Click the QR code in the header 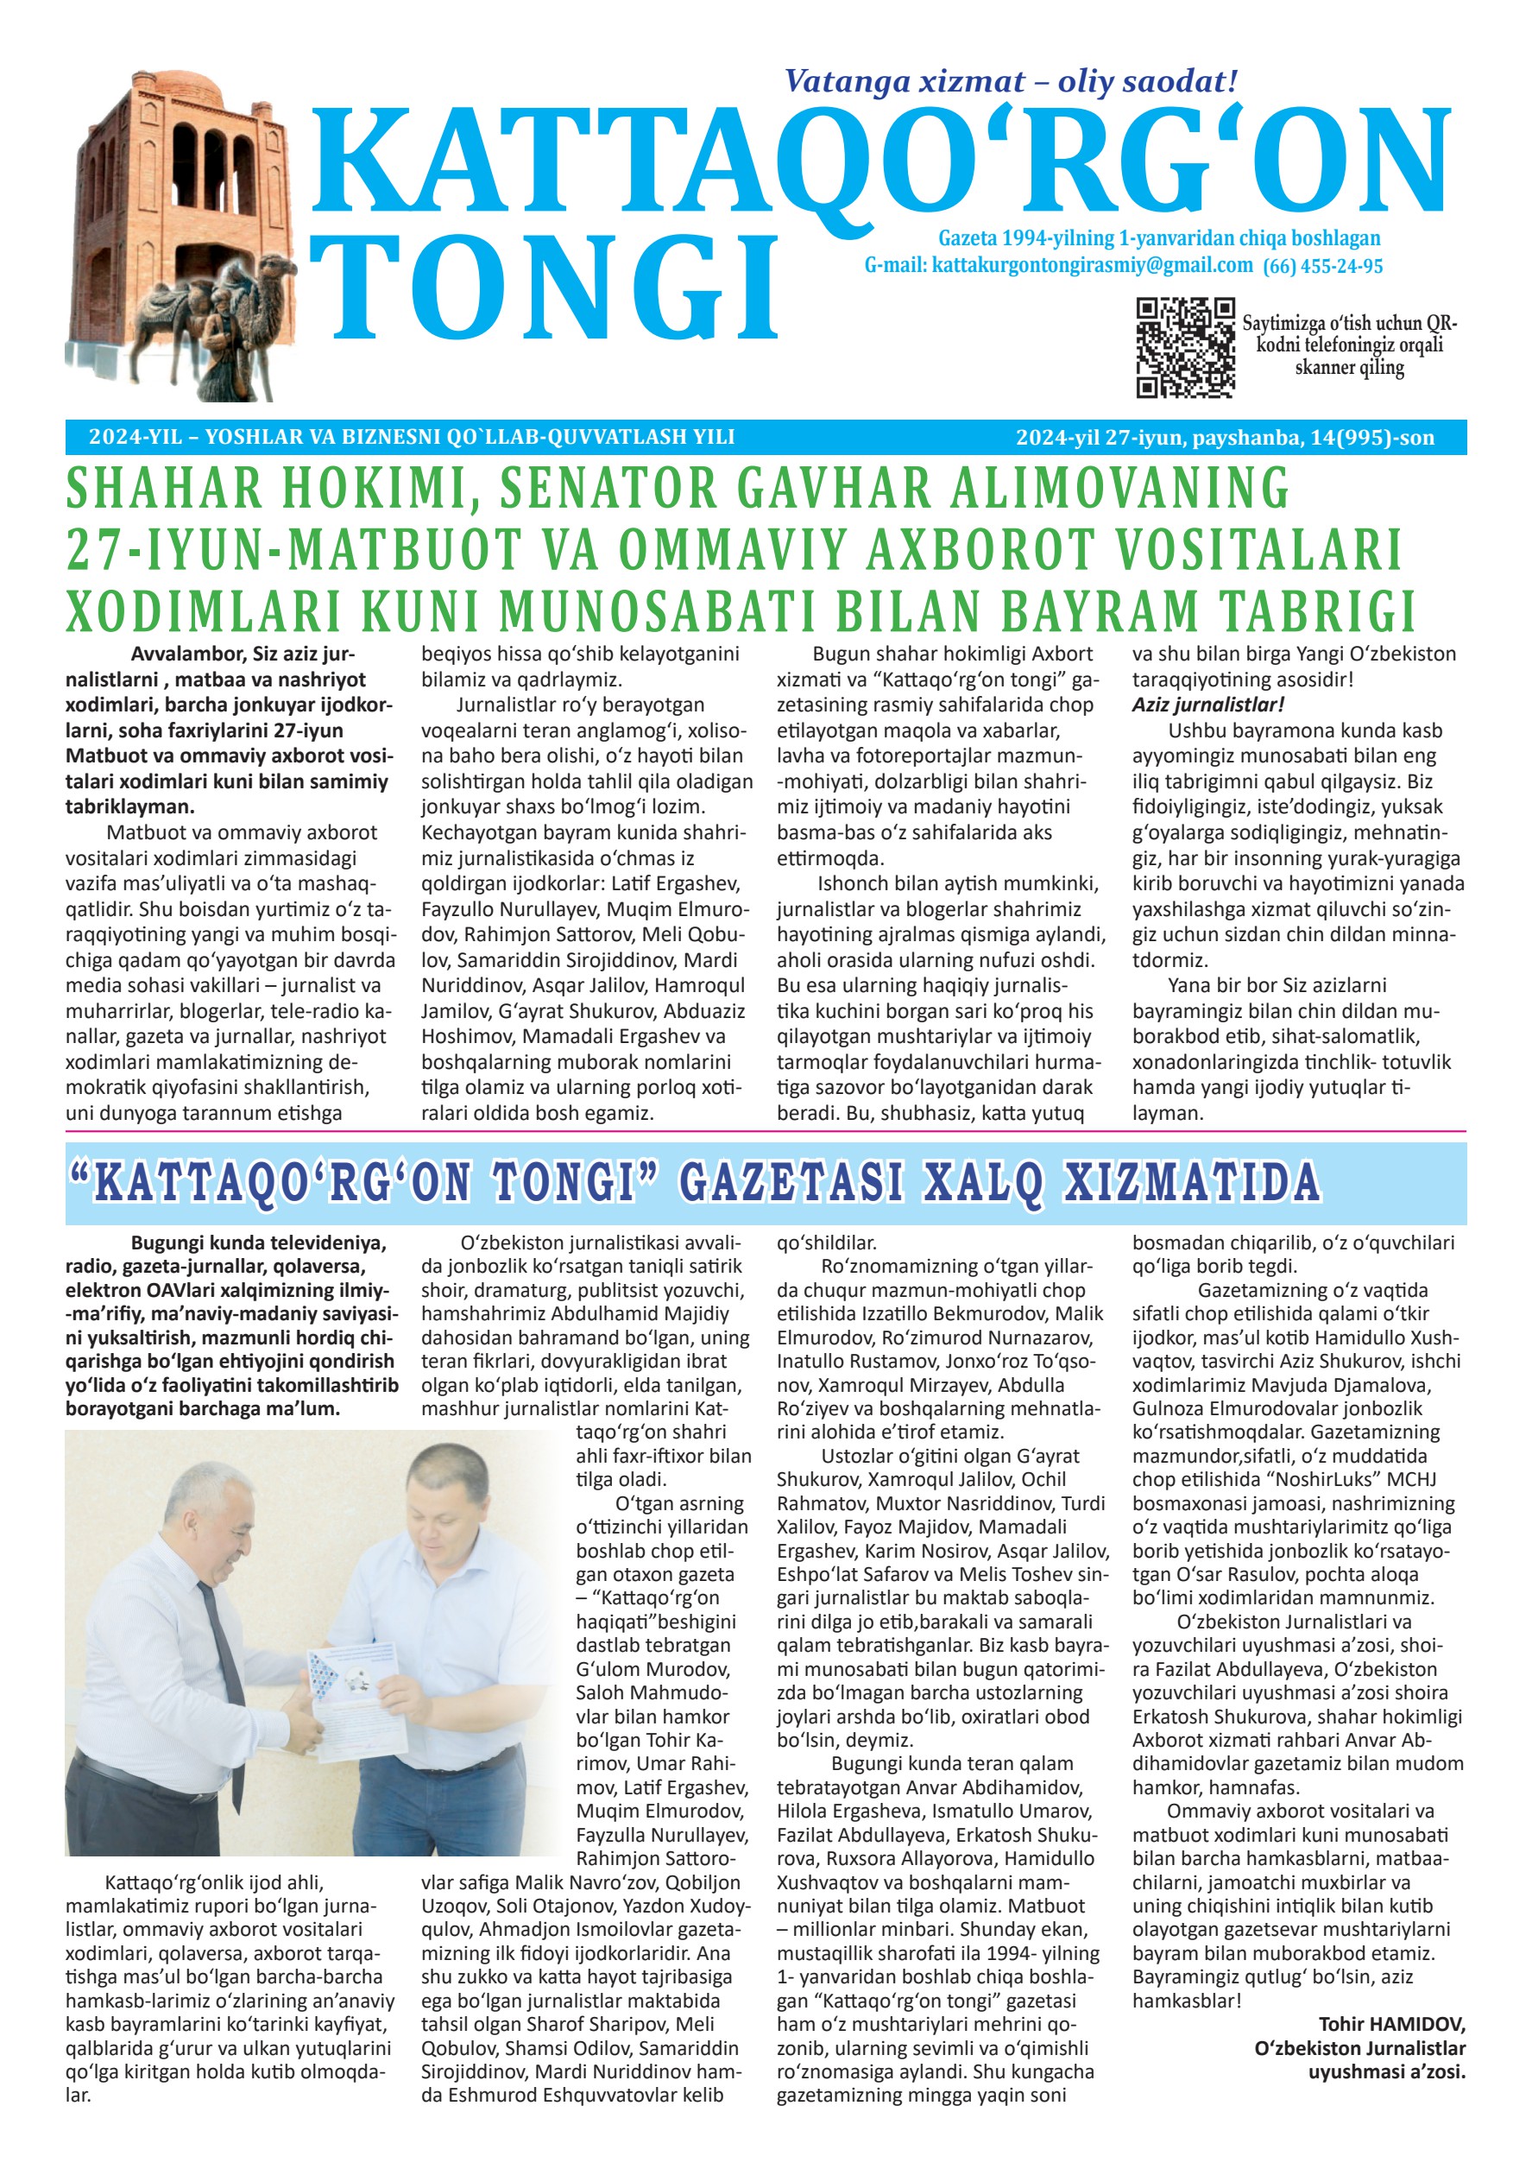pyautogui.click(x=1185, y=347)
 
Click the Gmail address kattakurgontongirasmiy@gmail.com pyautogui.click(x=1092, y=265)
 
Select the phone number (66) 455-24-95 pyautogui.click(x=1322, y=267)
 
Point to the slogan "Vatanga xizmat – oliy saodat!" pyautogui.click(x=1011, y=81)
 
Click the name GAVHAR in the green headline pyautogui.click(x=834, y=489)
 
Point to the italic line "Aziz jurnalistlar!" pyautogui.click(x=1207, y=704)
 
